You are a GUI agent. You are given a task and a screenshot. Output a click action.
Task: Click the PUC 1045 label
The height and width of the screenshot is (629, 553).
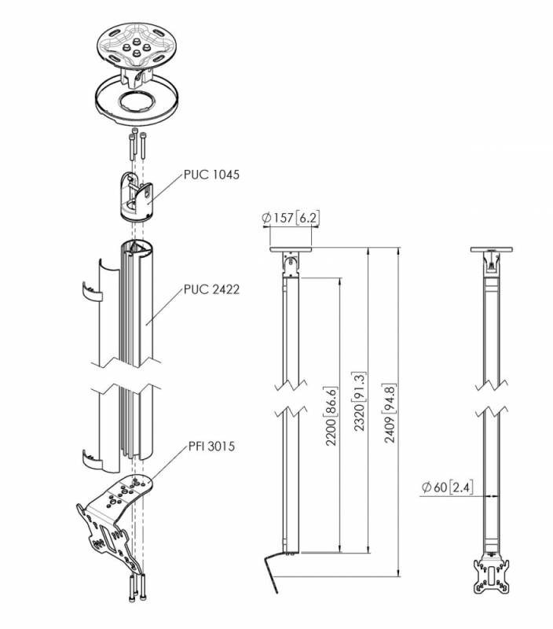coord(212,175)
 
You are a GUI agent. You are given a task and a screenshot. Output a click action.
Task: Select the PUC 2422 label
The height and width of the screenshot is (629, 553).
coord(212,289)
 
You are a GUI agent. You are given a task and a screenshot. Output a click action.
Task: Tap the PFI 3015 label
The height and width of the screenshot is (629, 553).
coord(211,447)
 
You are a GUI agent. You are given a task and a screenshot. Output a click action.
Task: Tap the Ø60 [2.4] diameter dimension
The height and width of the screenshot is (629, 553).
coord(445,488)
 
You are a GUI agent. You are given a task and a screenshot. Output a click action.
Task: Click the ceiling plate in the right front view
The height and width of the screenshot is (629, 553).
coord(491,251)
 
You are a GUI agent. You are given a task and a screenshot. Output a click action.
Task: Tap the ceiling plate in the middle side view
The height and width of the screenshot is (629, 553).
coord(291,251)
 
